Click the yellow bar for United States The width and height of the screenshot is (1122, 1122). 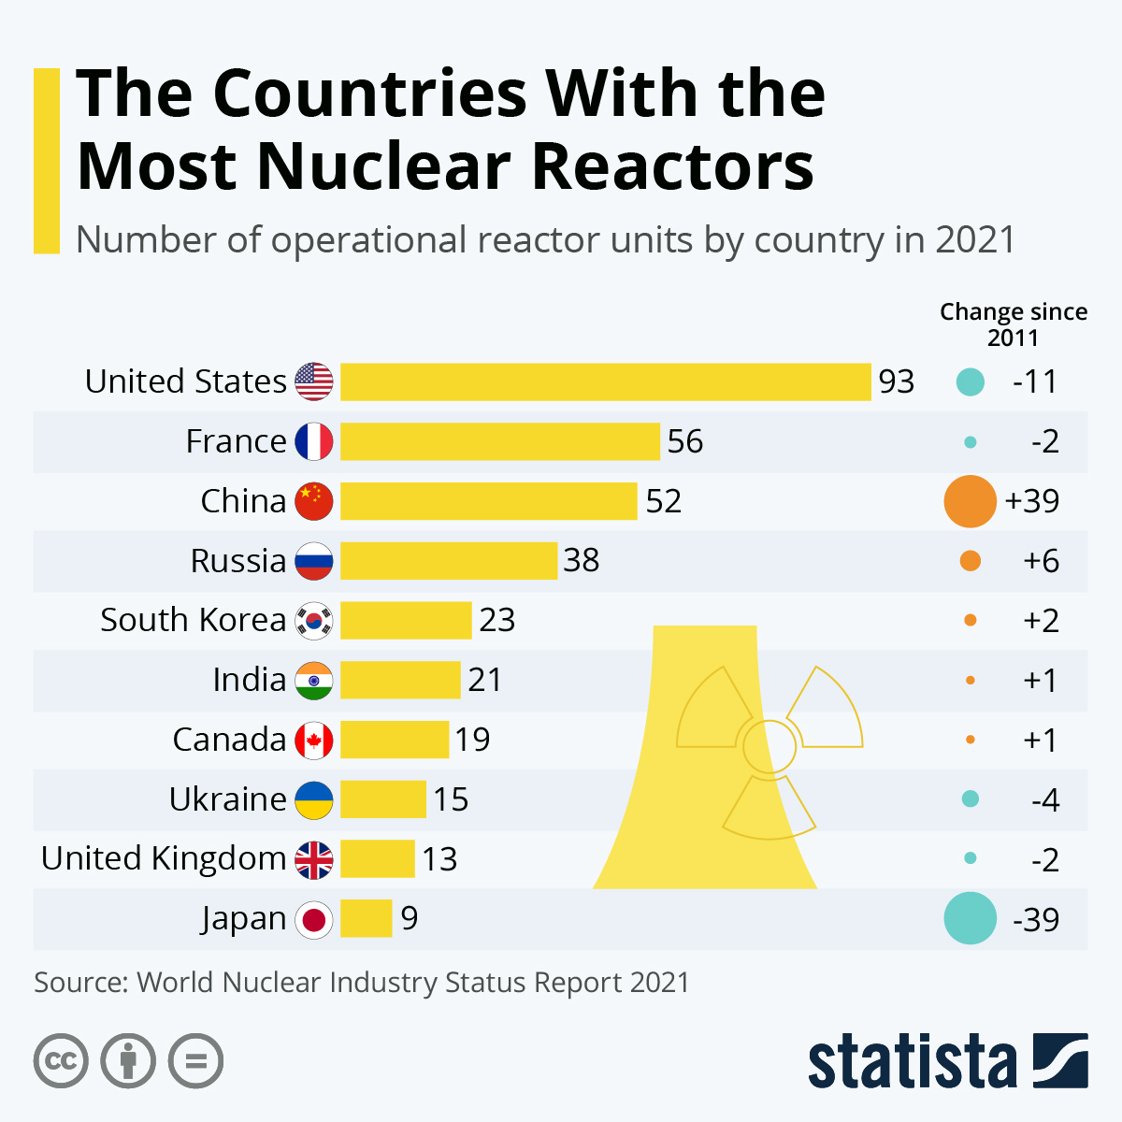click(605, 381)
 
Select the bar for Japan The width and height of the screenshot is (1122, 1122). click(366, 919)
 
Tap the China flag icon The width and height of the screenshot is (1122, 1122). click(313, 501)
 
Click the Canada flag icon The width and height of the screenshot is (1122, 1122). click(313, 741)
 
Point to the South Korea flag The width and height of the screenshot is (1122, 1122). click(313, 621)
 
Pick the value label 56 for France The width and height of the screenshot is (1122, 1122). click(685, 441)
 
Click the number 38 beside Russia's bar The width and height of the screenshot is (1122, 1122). click(582, 561)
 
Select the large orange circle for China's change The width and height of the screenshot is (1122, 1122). click(970, 501)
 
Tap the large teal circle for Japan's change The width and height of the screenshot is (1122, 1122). click(970, 918)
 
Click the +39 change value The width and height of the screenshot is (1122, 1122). click(1032, 501)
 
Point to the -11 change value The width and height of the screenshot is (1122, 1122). click(1035, 381)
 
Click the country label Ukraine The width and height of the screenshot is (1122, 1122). click(228, 799)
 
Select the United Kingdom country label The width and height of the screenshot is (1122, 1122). click(164, 858)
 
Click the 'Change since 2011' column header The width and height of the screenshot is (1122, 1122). click(1014, 324)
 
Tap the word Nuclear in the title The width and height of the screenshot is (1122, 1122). click(383, 166)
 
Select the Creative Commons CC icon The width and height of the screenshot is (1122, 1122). click(62, 1061)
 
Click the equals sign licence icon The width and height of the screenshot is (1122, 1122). click(196, 1061)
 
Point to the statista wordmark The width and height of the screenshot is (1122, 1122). click(912, 1061)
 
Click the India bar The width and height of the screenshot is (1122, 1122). click(400, 680)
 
